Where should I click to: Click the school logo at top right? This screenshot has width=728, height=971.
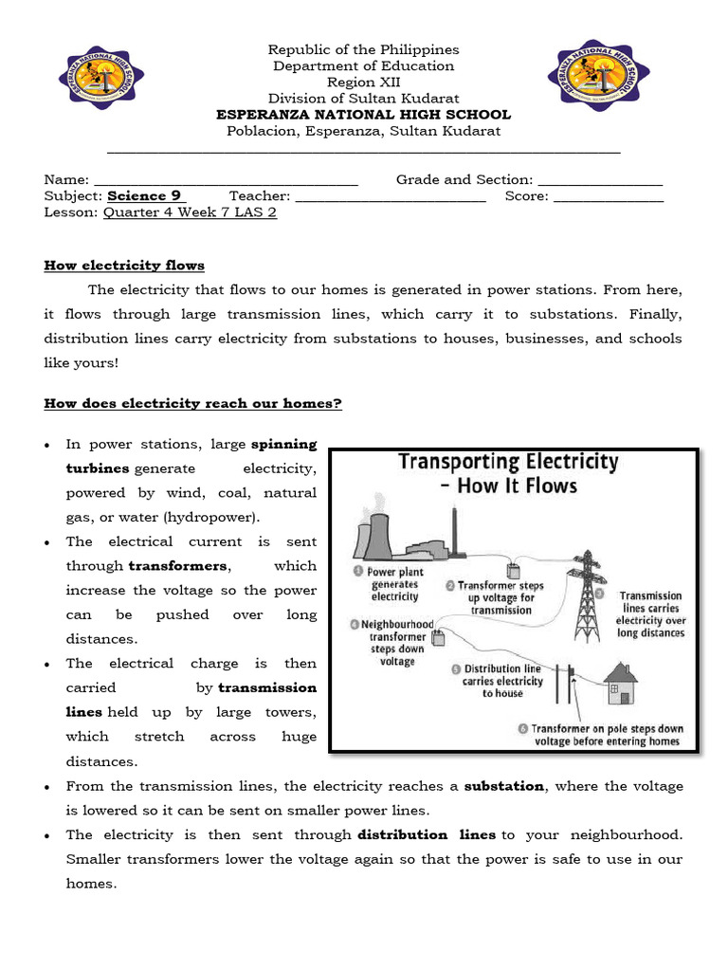click(598, 76)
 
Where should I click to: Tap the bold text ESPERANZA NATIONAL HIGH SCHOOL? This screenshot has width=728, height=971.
click(363, 115)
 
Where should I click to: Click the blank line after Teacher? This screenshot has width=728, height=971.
click(391, 196)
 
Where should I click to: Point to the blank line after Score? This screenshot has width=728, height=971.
click(609, 196)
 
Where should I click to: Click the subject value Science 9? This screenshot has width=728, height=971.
click(144, 196)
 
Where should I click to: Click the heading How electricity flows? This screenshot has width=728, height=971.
click(124, 266)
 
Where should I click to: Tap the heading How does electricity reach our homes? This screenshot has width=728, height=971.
click(192, 404)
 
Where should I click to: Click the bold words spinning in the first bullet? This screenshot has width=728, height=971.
click(283, 444)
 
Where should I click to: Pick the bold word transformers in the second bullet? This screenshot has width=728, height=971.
click(178, 566)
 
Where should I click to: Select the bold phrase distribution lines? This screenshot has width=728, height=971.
click(427, 834)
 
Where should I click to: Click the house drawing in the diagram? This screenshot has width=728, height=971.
click(621, 684)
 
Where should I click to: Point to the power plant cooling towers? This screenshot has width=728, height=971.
click(375, 537)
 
